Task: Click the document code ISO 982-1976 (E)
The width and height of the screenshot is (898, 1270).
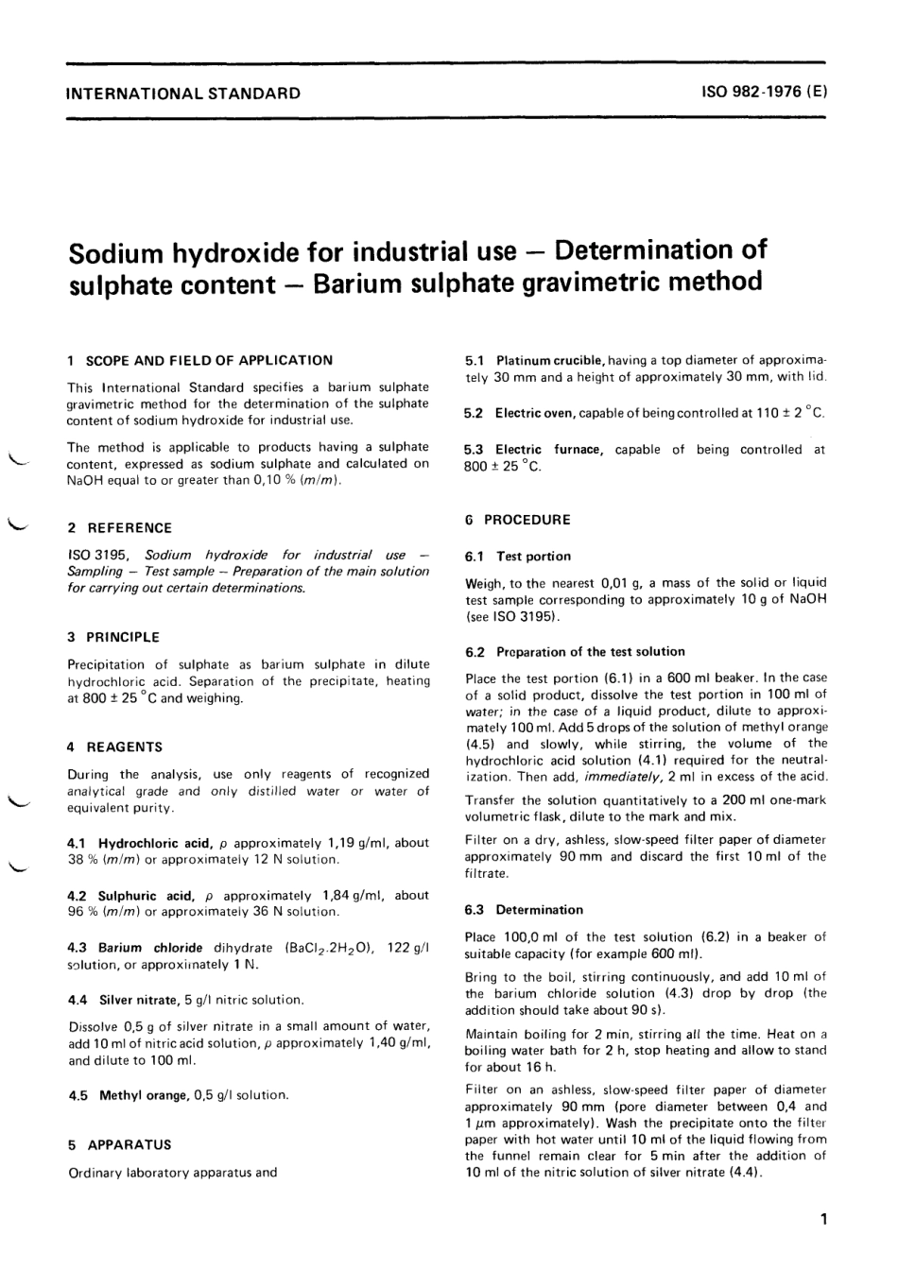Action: point(764,93)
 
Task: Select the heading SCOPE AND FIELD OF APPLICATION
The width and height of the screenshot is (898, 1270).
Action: point(209,360)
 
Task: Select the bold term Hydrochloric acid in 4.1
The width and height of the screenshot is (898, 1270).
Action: point(155,842)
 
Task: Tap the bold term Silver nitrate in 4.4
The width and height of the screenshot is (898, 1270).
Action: point(138,999)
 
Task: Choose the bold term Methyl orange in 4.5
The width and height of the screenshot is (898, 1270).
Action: point(143,1095)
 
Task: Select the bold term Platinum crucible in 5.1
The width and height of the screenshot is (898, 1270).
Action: point(549,360)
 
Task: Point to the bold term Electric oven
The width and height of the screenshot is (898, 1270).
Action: point(534,413)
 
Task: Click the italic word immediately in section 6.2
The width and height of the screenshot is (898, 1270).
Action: point(622,777)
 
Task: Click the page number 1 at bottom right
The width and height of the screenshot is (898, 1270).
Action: point(823,1219)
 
